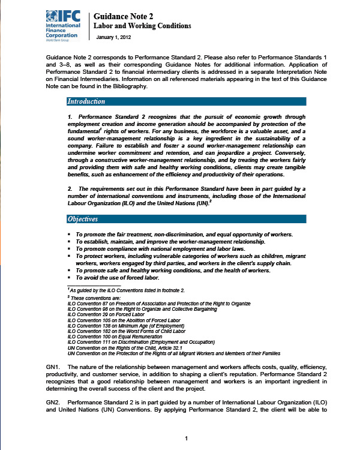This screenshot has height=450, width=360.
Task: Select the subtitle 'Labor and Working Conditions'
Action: (143, 26)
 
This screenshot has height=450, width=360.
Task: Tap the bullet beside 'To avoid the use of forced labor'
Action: (70, 278)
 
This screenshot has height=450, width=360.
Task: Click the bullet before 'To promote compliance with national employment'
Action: (70, 248)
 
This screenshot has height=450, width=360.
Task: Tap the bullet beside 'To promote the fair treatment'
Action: (70, 234)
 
